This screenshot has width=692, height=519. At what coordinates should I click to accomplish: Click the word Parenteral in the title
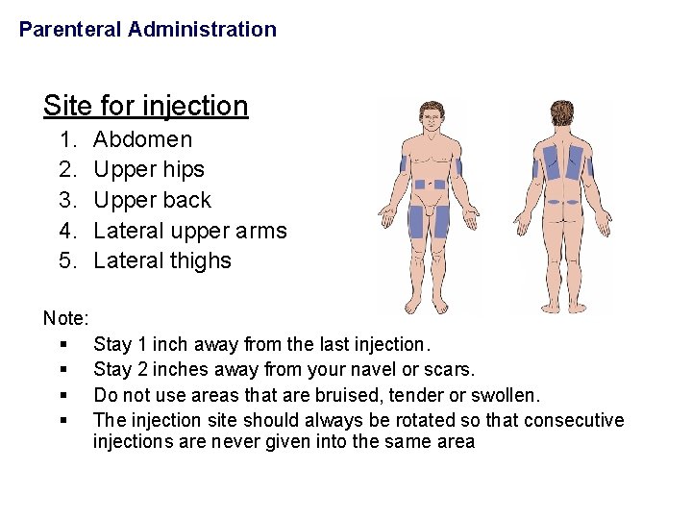tap(70, 30)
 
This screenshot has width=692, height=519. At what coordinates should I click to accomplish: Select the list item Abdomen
tap(142, 139)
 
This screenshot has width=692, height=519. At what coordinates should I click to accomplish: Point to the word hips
tap(184, 170)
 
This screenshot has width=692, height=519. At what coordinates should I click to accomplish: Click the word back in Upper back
tap(188, 200)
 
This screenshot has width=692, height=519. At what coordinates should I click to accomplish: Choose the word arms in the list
tap(261, 231)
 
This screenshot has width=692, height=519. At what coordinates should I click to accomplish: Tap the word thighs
tap(200, 260)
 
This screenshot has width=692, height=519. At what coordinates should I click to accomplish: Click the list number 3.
tap(67, 200)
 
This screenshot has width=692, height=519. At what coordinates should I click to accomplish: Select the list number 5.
tap(67, 260)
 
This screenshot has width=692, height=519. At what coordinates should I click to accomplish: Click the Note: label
tap(66, 317)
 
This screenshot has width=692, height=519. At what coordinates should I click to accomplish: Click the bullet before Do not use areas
tap(62, 395)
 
